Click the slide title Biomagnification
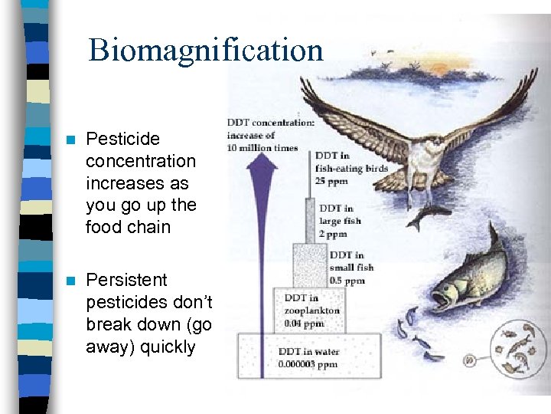coord(206,51)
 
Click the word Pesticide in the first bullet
coord(122,140)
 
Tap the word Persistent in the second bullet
coord(126,280)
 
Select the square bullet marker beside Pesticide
coord(71,140)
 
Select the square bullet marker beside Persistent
coord(71,281)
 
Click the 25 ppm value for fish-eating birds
coord(332,180)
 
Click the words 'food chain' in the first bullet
coord(128,228)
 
